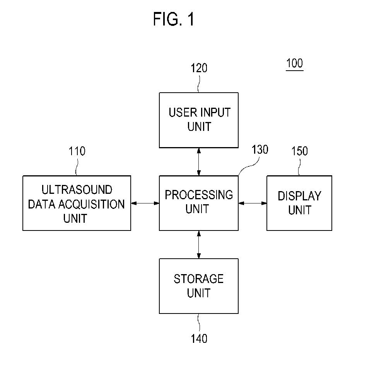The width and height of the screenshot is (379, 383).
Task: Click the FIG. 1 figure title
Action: point(174,19)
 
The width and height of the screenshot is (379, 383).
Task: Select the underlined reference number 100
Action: point(295,63)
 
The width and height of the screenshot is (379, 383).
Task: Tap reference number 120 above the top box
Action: point(199,68)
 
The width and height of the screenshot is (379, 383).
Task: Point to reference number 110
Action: point(77,151)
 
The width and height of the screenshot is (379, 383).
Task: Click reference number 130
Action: point(260,149)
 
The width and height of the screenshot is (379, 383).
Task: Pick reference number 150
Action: point(299,151)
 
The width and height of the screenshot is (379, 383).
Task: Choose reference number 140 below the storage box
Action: point(199,339)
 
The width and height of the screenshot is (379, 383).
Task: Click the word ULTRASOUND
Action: point(77,190)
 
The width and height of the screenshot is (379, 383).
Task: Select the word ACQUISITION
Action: point(91,204)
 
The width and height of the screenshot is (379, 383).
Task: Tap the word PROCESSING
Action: point(199,195)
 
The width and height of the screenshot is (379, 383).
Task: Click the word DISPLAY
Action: point(299,196)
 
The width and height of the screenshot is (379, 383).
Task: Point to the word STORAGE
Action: point(199,279)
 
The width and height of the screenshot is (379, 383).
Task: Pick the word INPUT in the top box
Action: point(215,113)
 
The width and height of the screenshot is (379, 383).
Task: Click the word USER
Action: point(183,113)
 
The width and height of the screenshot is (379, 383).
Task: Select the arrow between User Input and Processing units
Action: point(199,162)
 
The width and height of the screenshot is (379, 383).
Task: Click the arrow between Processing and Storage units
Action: point(199,244)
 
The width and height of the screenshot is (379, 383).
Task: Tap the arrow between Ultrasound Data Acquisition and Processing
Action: point(145,203)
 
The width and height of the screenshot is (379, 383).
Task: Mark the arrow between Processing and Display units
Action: point(253,203)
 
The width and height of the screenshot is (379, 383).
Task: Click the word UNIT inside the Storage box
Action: point(199,293)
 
